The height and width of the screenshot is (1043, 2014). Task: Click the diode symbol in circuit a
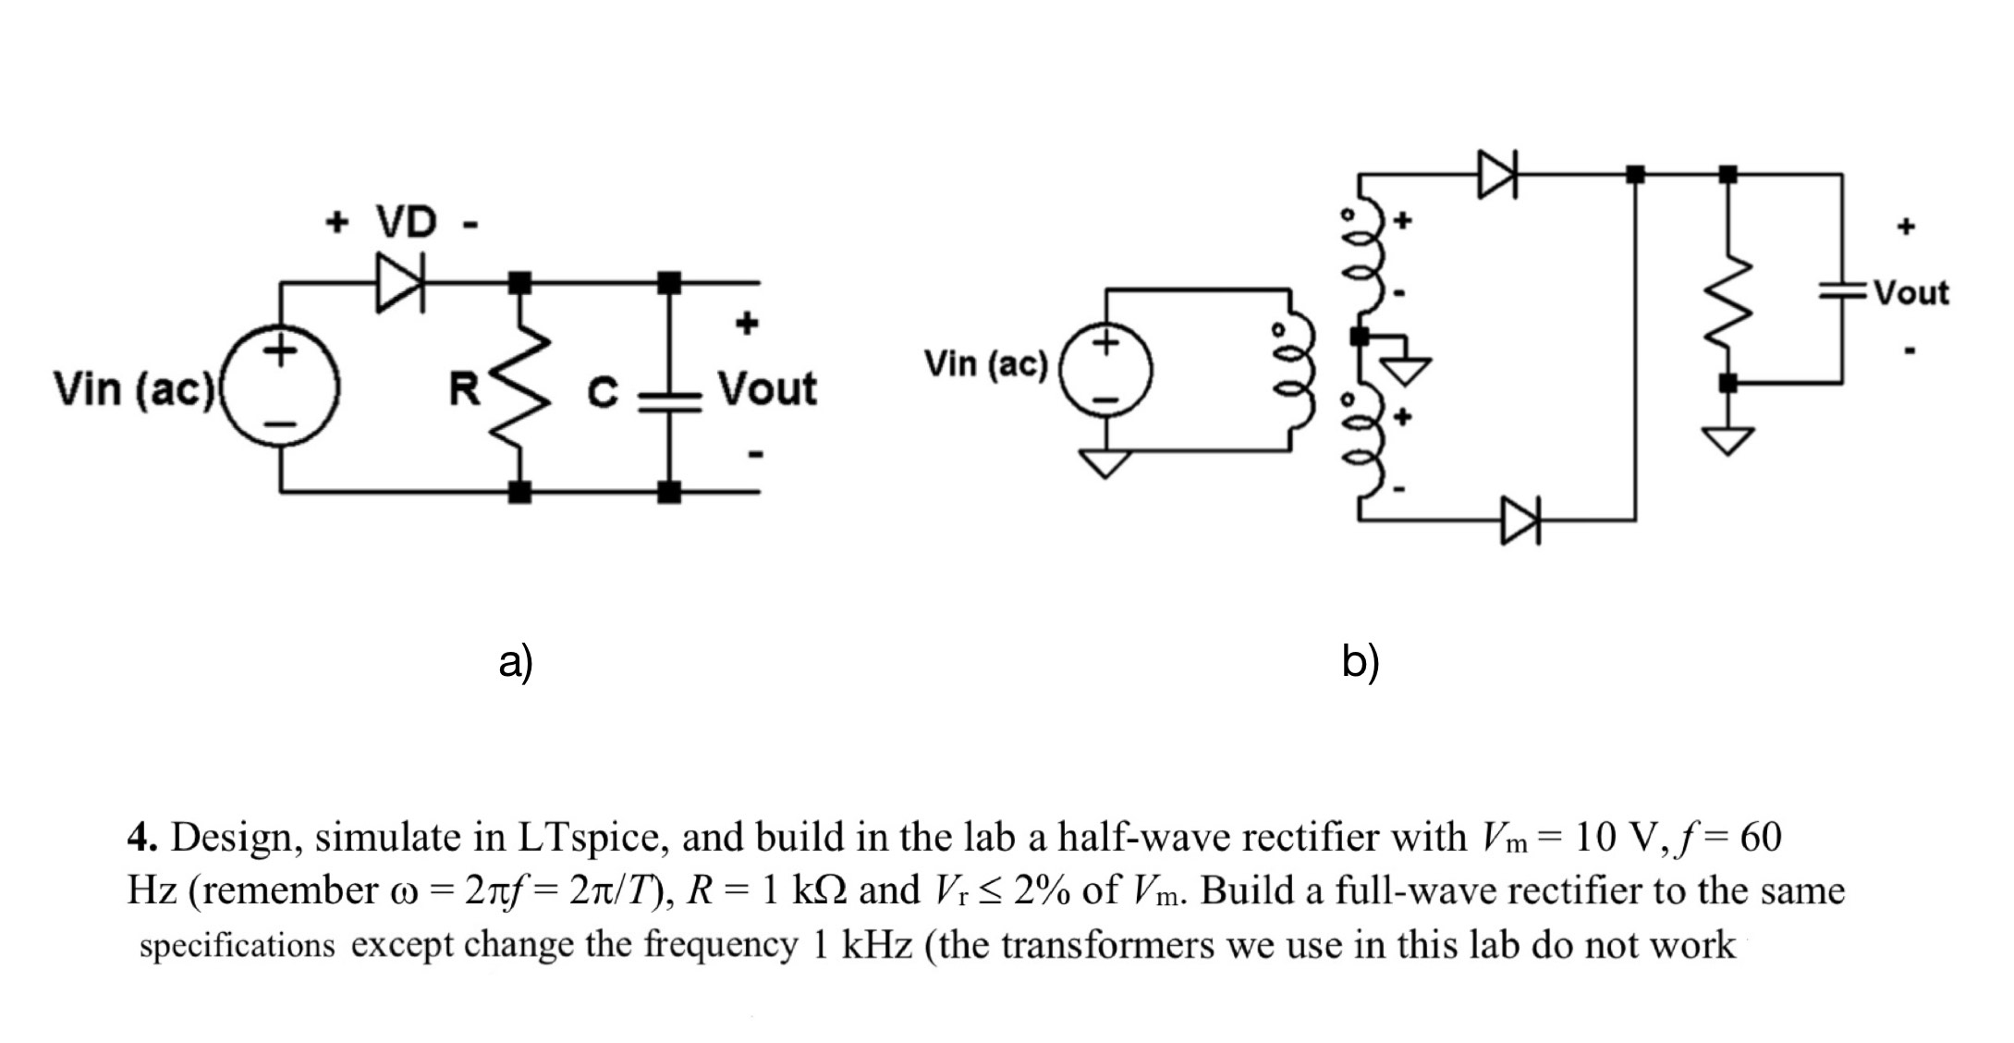pos(400,282)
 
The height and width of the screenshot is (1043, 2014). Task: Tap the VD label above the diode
pos(406,223)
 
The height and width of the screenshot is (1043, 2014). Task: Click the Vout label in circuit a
pos(767,388)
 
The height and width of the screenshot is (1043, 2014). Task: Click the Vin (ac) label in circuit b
pos(985,364)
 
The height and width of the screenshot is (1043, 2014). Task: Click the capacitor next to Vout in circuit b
pos(1842,291)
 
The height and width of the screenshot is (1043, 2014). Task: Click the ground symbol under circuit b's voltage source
pos(1105,462)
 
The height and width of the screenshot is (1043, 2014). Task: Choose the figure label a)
pos(516,662)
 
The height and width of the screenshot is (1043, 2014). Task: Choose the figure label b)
pos(1360,662)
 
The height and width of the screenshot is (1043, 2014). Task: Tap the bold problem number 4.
pos(141,838)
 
